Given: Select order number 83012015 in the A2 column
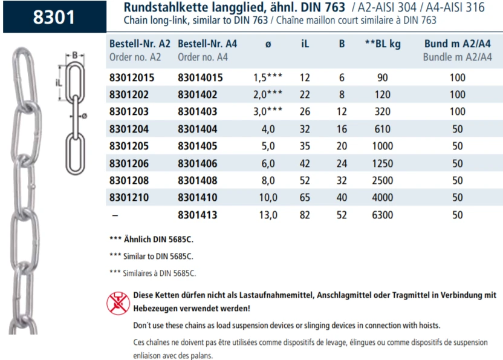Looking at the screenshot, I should click(132, 78).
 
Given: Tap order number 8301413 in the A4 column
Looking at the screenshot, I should click(198, 214).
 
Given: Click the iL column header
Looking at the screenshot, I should click(305, 44).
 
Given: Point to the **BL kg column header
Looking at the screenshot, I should click(383, 44).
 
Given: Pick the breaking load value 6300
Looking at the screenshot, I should click(383, 214).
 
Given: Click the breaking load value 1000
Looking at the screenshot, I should click(383, 146).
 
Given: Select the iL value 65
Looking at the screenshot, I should click(305, 197).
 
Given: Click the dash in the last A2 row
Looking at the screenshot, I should click(114, 214).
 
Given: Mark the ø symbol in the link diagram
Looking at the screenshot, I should click(85, 116).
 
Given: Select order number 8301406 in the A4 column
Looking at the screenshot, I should click(198, 163).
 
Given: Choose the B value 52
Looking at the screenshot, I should click(342, 214).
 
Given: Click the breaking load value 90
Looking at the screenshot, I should click(383, 78).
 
